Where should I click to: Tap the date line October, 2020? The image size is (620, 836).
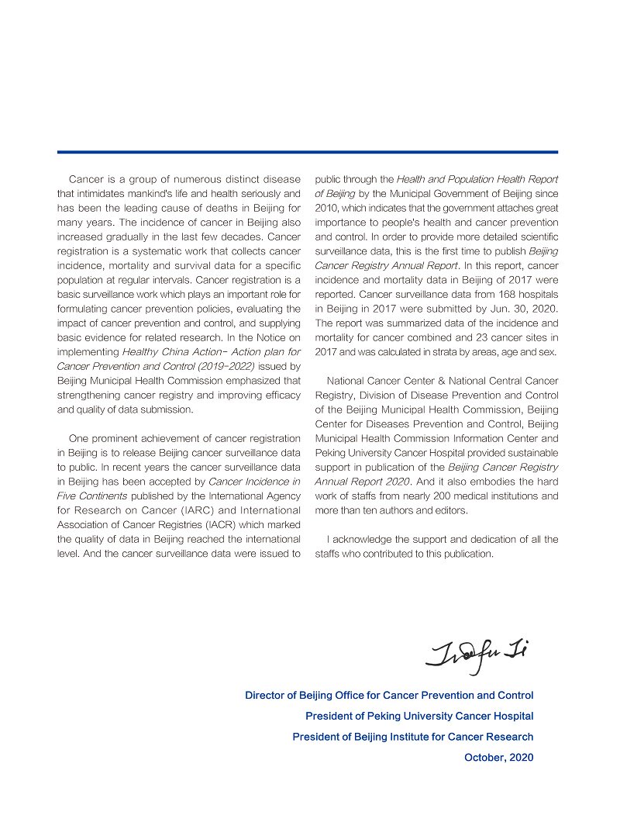(498, 758)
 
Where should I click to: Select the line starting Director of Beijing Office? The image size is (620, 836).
(389, 695)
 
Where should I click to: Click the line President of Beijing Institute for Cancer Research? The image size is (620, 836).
(412, 737)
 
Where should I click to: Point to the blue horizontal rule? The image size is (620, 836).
(307, 152)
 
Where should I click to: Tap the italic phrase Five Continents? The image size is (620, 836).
(92, 496)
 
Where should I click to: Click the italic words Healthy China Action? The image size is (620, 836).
(166, 351)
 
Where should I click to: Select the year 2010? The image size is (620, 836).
(327, 208)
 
